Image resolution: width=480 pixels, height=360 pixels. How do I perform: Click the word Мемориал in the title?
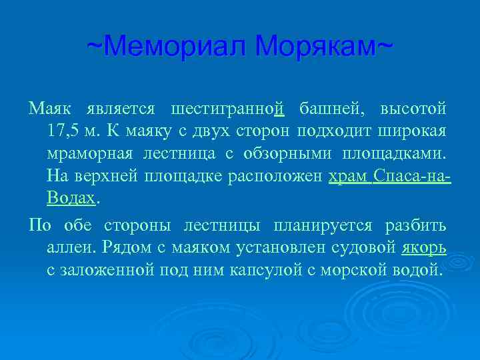coord(175,47)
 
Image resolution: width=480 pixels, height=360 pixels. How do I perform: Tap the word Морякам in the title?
coord(318,47)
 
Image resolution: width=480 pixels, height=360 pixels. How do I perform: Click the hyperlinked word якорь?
coord(424,248)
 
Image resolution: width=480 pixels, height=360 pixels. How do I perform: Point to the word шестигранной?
coord(228,108)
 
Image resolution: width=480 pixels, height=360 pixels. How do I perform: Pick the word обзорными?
coord(285,154)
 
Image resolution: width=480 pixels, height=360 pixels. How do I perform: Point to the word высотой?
coord(413,108)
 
